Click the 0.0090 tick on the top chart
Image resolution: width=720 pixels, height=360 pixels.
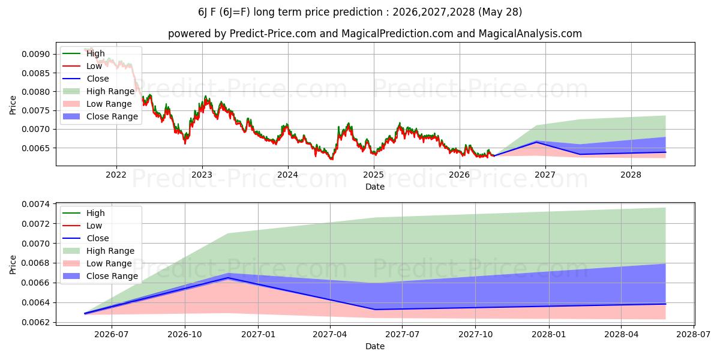click(36, 54)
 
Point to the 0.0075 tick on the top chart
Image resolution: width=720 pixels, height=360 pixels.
click(36, 110)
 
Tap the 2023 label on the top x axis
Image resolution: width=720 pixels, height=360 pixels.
click(202, 175)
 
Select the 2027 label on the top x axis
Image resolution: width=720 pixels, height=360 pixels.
click(545, 175)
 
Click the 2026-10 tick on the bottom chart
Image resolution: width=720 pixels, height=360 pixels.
click(185, 335)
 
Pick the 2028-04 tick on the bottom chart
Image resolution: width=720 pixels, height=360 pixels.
click(622, 335)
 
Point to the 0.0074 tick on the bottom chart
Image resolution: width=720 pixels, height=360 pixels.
click(36, 204)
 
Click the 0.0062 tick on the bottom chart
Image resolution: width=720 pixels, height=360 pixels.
click(36, 322)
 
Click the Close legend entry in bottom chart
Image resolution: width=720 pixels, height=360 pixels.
click(86, 238)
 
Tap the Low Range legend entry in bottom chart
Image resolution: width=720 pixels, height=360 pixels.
click(97, 263)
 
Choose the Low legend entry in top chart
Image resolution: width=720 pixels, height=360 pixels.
click(82, 66)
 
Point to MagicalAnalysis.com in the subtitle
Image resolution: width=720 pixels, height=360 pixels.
click(530, 34)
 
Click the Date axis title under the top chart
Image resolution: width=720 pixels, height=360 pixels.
click(375, 187)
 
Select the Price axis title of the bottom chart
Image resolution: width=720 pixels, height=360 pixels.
click(13, 265)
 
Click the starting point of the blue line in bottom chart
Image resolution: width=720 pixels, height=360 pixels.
click(85, 313)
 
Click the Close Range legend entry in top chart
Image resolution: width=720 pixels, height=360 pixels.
click(100, 116)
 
